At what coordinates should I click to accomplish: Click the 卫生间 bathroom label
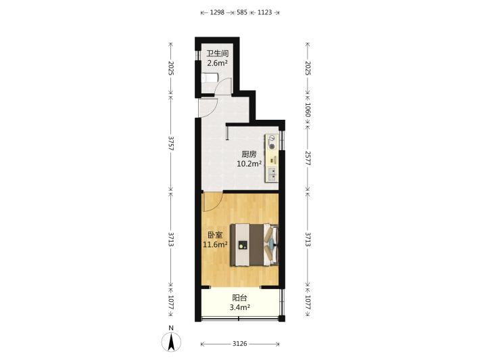pyautogui.click(x=218, y=53)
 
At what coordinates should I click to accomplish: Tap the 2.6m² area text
pyautogui.click(x=217, y=63)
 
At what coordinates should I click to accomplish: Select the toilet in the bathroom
pyautogui.click(x=210, y=78)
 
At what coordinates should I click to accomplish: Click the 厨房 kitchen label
pyautogui.click(x=249, y=154)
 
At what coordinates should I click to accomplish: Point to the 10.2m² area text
pyautogui.click(x=249, y=164)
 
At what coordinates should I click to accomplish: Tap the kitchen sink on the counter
pyautogui.click(x=272, y=174)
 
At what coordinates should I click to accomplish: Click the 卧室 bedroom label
pyautogui.click(x=215, y=235)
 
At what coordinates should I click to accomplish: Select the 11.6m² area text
pyautogui.click(x=215, y=244)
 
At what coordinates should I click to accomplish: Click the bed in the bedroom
pyautogui.click(x=254, y=244)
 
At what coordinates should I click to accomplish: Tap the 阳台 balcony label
pyautogui.click(x=240, y=297)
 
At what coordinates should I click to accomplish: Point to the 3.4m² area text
pyautogui.click(x=240, y=307)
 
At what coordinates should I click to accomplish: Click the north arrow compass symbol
pyautogui.click(x=171, y=340)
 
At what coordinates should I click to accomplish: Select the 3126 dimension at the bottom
pyautogui.click(x=240, y=344)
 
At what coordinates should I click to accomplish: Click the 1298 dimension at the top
pyautogui.click(x=217, y=13)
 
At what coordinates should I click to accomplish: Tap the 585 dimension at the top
pyautogui.click(x=242, y=13)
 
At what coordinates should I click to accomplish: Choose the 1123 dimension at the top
pyautogui.click(x=264, y=13)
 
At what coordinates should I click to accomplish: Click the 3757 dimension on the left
pyautogui.click(x=171, y=143)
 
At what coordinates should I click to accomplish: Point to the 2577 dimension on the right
pyautogui.click(x=308, y=158)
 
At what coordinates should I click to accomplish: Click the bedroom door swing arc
pyautogui.click(x=217, y=206)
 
